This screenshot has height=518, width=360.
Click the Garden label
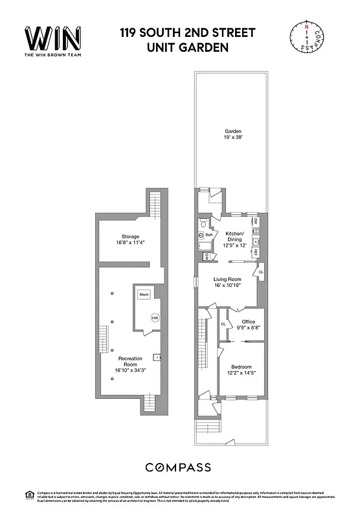[233, 131]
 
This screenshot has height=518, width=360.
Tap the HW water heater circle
[155, 318]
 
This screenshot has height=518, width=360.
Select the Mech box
[144, 294]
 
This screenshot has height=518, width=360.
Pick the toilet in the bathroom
[203, 223]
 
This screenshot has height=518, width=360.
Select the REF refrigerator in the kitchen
[256, 251]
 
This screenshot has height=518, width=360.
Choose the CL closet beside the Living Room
[261, 272]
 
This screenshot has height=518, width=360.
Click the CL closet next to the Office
[223, 324]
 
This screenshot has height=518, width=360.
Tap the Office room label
[249, 322]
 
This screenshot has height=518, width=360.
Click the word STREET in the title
[226, 32]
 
